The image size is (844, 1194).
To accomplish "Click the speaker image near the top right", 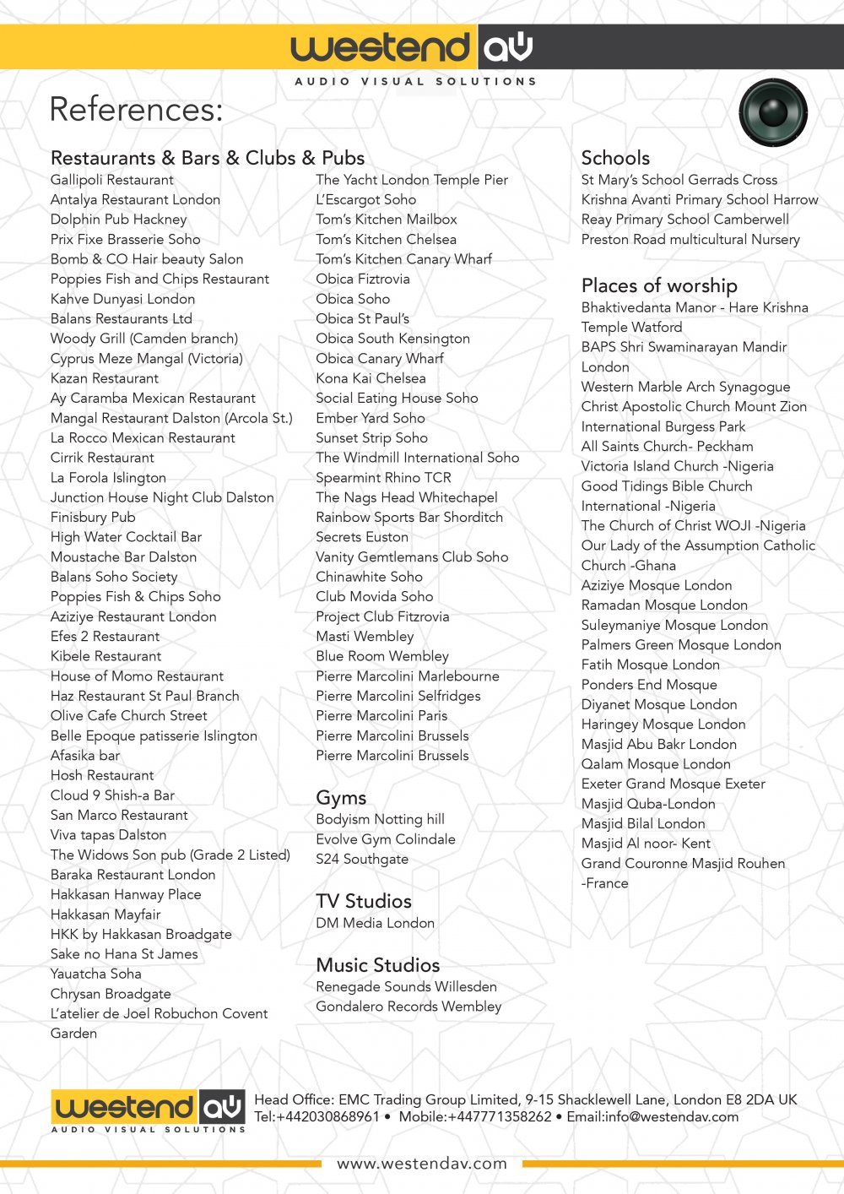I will point(773,112).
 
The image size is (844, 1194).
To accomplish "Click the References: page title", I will point(136,110).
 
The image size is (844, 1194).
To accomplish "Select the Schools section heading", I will point(615,158).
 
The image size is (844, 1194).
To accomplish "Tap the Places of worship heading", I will point(659,285).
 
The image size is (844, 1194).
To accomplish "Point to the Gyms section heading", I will point(341,798).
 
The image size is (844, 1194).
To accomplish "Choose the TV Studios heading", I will point(364,901).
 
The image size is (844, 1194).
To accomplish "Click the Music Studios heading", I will point(377,965).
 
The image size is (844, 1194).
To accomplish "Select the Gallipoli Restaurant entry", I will point(112,180).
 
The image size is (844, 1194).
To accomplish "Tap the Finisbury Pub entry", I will point(93,517).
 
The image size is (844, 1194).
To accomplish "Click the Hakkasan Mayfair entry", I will point(105,914).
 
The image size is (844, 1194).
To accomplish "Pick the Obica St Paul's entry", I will point(362,318).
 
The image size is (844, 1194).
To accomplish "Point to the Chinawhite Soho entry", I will point(369,577).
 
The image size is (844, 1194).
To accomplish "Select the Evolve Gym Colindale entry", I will point(385,839).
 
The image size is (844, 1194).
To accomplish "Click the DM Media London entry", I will point(375,923).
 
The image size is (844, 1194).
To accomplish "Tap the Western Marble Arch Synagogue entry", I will point(685,387).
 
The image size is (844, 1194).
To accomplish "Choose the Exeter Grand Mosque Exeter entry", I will point(673,784).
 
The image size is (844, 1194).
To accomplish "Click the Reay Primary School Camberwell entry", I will point(684,220).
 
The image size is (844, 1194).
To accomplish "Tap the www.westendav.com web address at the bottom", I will point(422,1164).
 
